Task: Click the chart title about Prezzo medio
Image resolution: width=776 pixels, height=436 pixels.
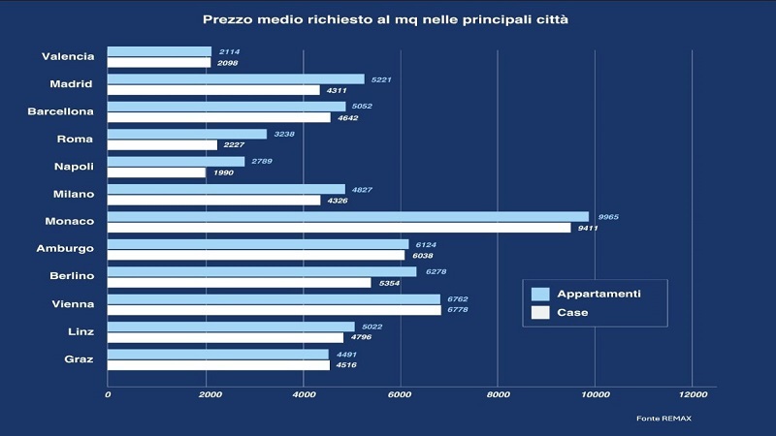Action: pos(386,19)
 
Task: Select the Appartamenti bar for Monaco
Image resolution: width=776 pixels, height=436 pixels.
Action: pos(347,216)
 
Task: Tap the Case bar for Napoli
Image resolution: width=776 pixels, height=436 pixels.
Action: pos(156,172)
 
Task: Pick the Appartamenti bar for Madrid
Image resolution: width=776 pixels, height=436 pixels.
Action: pos(236,79)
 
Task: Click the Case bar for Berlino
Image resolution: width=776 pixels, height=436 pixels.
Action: pos(239,282)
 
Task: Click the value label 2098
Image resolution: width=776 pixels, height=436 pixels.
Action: pos(225,63)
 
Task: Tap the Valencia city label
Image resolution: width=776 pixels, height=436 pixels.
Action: pos(68,56)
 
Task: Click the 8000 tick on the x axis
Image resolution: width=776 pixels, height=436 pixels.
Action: pos(498,394)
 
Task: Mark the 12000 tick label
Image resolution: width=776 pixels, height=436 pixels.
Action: pos(692,394)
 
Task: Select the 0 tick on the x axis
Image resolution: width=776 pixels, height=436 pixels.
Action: pos(108,394)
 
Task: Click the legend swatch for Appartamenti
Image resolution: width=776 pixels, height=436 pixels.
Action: pos(541,294)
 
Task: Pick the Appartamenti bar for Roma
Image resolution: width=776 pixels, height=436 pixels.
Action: pos(186,134)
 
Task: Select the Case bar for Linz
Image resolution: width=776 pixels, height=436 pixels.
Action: pos(225,337)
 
